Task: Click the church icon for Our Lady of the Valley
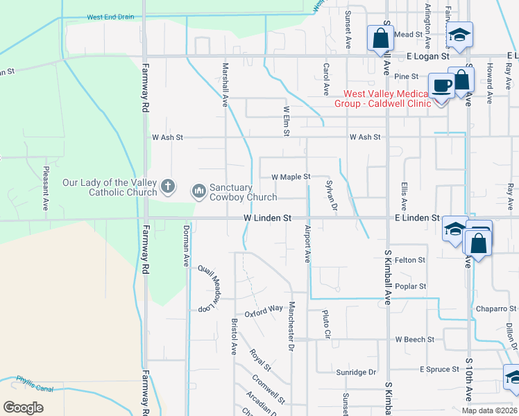167,187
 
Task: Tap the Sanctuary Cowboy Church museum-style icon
198,189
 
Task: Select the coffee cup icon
441,86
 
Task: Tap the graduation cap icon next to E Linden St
455,229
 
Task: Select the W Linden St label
267,218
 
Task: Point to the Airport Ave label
306,243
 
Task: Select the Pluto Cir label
326,324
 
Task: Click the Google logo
23,408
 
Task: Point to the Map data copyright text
488,410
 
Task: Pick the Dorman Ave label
186,245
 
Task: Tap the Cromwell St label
269,390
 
